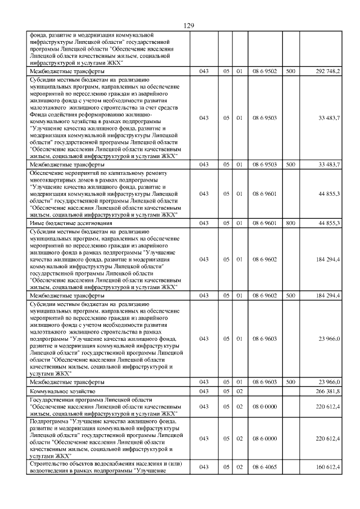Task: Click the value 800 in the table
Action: click(x=290, y=223)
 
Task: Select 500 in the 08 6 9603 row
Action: click(x=290, y=382)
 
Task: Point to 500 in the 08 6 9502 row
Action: click(x=290, y=71)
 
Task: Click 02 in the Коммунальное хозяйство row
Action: click(x=239, y=391)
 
